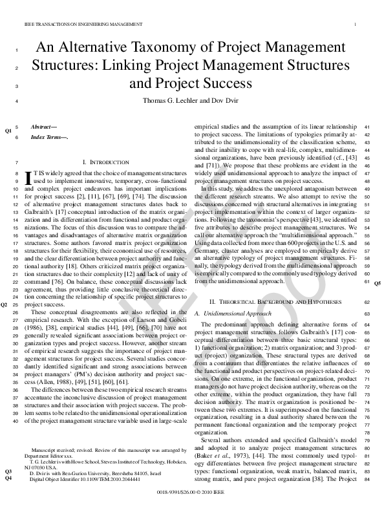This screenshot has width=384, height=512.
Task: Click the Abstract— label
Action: (45, 126)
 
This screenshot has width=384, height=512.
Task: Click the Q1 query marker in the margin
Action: (8, 131)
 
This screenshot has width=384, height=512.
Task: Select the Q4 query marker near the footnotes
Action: (8, 478)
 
